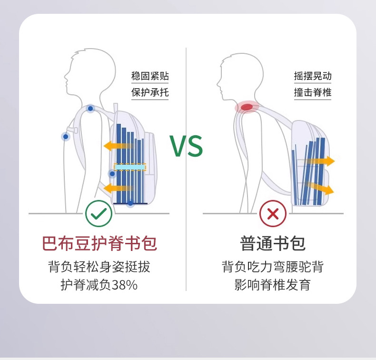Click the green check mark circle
coord(99,214)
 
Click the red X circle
coord(273,214)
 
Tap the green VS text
coord(187,146)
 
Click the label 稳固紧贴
coord(150,76)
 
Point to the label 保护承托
coord(150,92)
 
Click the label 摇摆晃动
coord(313,76)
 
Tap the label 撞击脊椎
coord(313,92)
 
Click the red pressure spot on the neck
coord(247,107)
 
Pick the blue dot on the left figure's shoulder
coord(90,109)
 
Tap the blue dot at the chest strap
coord(66,137)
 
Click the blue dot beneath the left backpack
coord(130,203)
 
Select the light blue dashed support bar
coord(130,167)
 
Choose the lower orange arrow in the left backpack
coord(117,188)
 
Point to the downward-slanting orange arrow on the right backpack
coord(320,188)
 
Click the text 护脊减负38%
coord(99,285)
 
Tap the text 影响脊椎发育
coord(273,285)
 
